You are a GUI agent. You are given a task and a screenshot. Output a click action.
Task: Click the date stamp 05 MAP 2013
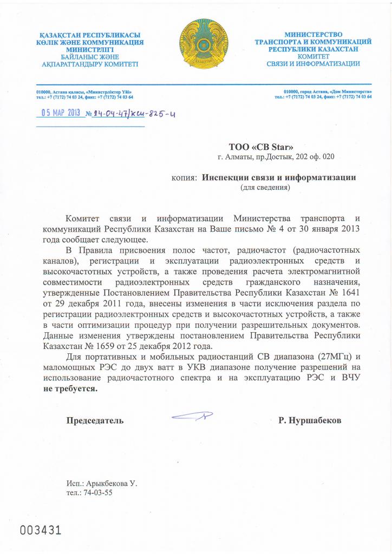pyautogui.click(x=61, y=113)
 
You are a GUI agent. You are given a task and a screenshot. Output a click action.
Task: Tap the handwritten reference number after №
pyautogui.click(x=134, y=114)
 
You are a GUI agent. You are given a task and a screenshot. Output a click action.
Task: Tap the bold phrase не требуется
pyautogui.click(x=71, y=389)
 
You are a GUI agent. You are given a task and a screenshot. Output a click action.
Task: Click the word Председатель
pyautogui.click(x=95, y=420)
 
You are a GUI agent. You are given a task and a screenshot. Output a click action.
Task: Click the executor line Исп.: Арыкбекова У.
pyautogui.click(x=102, y=483)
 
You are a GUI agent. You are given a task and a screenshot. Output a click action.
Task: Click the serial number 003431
pyautogui.click(x=41, y=530)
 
